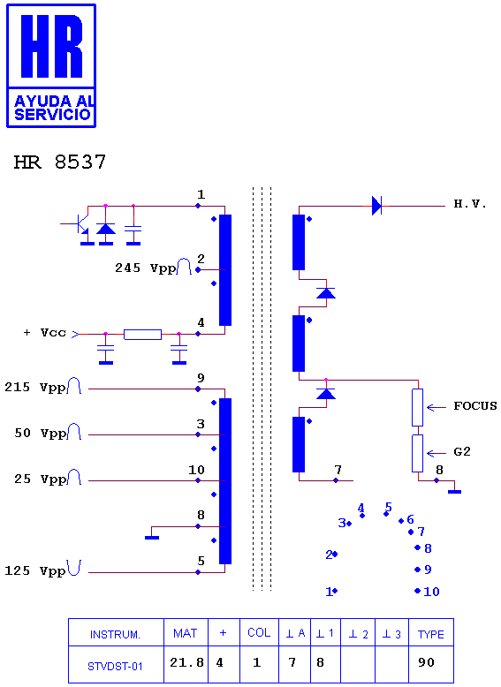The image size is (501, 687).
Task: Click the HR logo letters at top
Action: pyautogui.click(x=52, y=47)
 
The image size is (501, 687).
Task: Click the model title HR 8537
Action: pyautogui.click(x=60, y=162)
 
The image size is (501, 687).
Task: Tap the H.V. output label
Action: pyautogui.click(x=470, y=204)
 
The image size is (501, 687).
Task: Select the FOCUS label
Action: pyautogui.click(x=475, y=405)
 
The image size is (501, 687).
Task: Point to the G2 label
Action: pyautogui.click(x=462, y=452)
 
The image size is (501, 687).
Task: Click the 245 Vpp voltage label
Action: pyautogui.click(x=145, y=268)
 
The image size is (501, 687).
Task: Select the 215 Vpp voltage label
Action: pyautogui.click(x=35, y=388)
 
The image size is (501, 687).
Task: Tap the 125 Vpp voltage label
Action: pyautogui.click(x=35, y=571)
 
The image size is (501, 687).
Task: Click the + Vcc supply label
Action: pyautogui.click(x=45, y=333)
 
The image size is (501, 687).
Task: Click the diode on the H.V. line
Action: pyautogui.click(x=376, y=206)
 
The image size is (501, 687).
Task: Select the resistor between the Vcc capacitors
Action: pyautogui.click(x=142, y=335)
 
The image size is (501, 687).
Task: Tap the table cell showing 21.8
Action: pyautogui.click(x=186, y=662)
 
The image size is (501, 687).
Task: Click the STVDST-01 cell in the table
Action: pyautogui.click(x=115, y=667)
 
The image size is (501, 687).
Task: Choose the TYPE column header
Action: pyautogui.click(x=431, y=634)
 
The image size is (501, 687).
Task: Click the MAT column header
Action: pyautogui.click(x=185, y=633)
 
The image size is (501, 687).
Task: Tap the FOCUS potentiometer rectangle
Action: pyautogui.click(x=417, y=407)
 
